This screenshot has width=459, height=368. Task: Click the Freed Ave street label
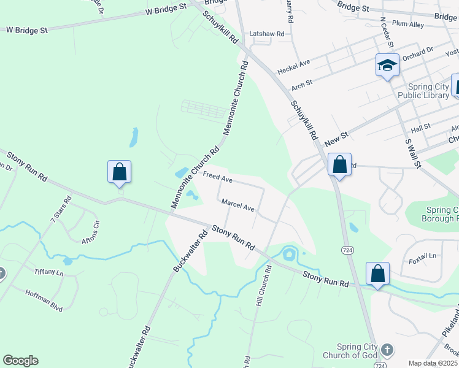(218, 178)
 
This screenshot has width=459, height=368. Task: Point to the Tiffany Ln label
(48, 271)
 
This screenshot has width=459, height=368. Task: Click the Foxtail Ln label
(423, 255)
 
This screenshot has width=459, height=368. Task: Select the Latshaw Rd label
(267, 34)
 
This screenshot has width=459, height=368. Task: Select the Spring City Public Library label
(423, 91)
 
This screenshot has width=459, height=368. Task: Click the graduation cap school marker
(387, 65)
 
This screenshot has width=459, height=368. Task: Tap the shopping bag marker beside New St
(339, 164)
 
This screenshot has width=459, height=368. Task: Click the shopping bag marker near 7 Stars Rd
(119, 172)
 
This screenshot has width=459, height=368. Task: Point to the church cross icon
(387, 349)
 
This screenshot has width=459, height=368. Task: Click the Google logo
(20, 361)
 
